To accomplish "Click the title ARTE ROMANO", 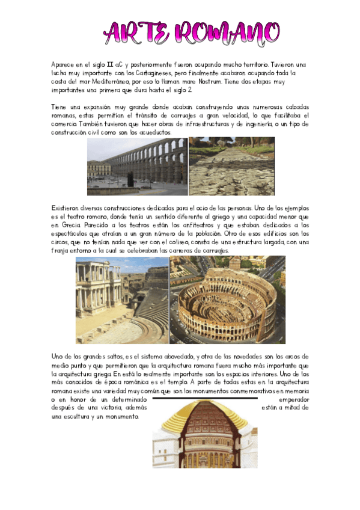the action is (192, 32).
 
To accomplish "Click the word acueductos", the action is (153, 132).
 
